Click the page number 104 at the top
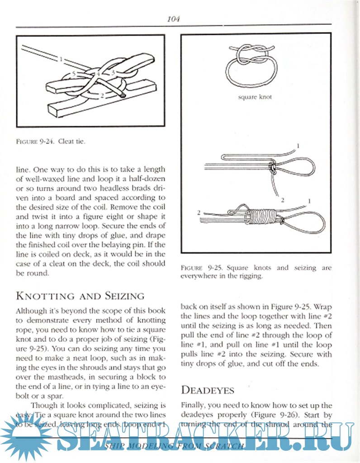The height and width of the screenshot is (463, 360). click(x=174, y=19)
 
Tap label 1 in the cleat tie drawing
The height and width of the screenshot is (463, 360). click(x=60, y=58)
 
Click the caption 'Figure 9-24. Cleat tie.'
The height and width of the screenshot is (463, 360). click(x=51, y=141)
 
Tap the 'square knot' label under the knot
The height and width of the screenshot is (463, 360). click(x=255, y=97)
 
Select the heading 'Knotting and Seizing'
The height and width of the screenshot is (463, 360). click(x=80, y=296)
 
